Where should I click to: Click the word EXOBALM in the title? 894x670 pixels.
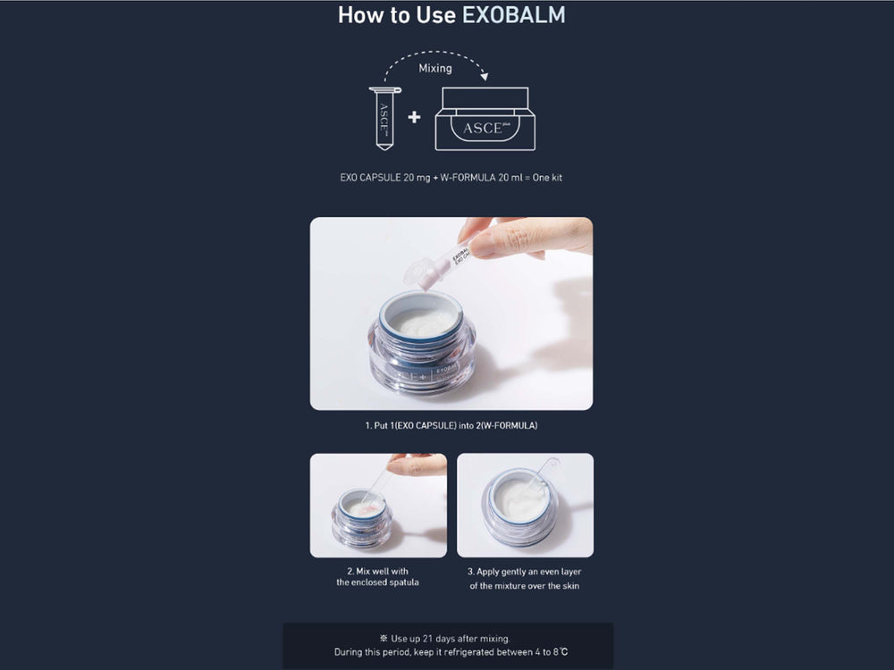tap(514, 15)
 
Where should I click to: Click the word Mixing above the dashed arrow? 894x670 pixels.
tap(435, 68)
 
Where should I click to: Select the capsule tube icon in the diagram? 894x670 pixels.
tap(384, 116)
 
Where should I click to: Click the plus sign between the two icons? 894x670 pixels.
tap(414, 117)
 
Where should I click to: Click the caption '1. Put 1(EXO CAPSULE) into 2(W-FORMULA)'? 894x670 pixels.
tap(451, 426)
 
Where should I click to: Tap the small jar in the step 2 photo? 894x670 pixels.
tap(361, 519)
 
